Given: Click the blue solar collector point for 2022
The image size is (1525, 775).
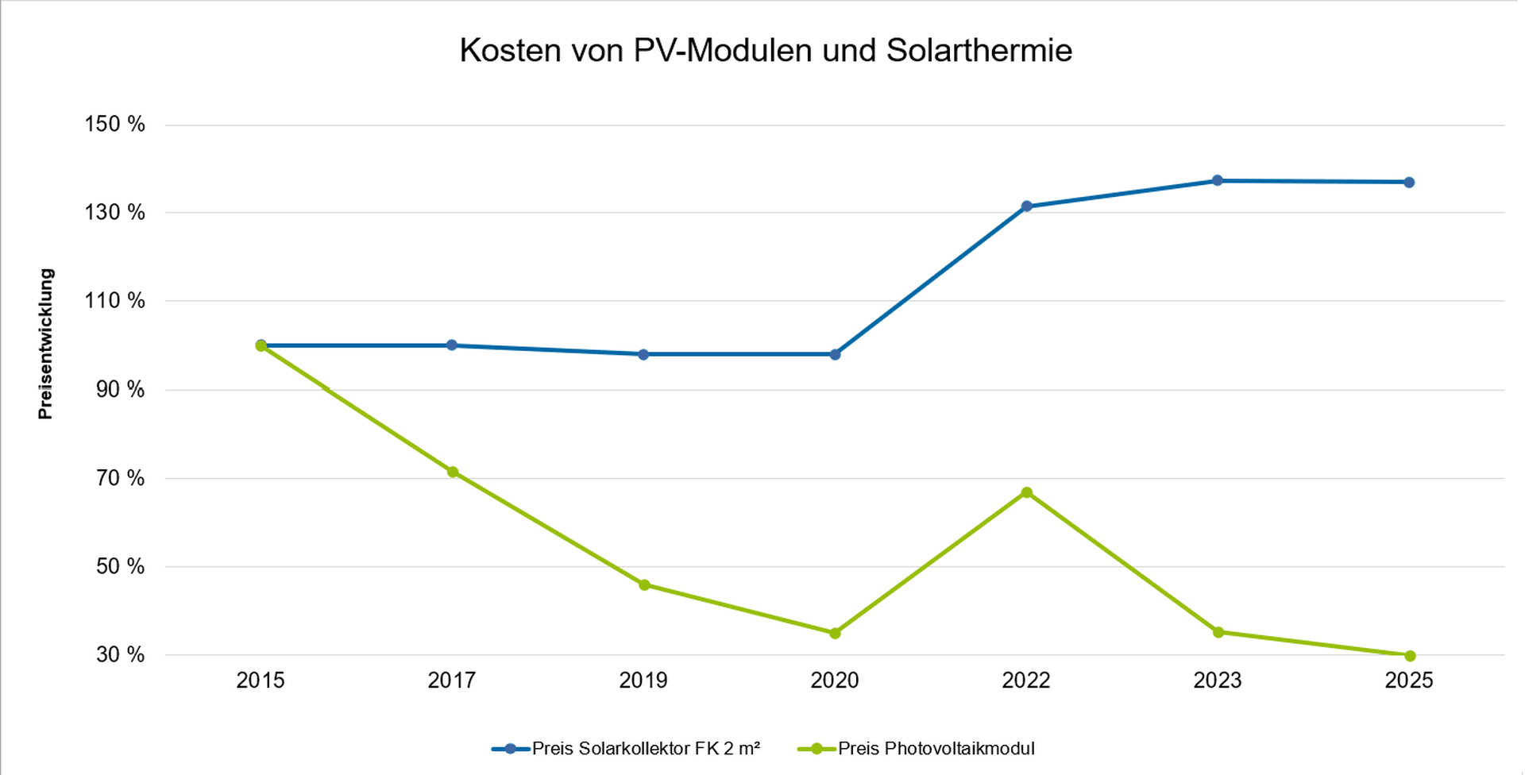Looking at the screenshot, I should click(1026, 206).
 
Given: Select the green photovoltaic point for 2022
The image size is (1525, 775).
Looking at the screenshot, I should click(1026, 492).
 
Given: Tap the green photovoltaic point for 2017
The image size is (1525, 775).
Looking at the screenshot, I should click(453, 472).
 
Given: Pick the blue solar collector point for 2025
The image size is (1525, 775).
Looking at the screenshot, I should click(1409, 183).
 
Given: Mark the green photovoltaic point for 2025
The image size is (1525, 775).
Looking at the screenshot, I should click(1410, 656).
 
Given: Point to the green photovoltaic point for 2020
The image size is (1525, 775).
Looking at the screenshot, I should click(835, 633).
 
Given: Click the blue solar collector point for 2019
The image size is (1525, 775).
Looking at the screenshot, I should click(643, 354).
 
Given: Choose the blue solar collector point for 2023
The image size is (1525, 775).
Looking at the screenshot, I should click(1218, 181).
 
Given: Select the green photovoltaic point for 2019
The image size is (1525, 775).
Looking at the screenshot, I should click(644, 585).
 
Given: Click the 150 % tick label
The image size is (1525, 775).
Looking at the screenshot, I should click(115, 125).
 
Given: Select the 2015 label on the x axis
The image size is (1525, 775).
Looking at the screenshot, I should click(261, 681).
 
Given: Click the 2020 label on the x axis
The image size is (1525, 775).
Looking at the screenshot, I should click(835, 681).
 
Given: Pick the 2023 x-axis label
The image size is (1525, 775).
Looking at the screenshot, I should click(1218, 681).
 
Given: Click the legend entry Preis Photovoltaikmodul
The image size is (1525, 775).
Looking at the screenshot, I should click(936, 749).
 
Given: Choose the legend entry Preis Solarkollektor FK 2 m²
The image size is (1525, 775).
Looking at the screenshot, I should click(646, 749).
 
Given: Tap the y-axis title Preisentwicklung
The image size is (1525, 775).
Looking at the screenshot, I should click(45, 344).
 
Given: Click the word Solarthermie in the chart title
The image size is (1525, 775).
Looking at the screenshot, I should click(979, 51).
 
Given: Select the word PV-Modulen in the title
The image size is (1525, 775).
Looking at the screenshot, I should click(723, 51).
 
